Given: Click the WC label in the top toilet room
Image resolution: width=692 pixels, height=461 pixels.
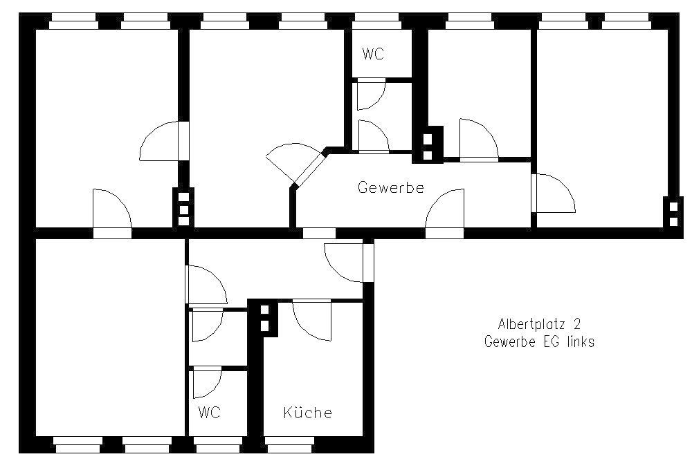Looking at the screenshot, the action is click(373, 54).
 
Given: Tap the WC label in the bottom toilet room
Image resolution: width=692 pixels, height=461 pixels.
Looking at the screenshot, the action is click(209, 413).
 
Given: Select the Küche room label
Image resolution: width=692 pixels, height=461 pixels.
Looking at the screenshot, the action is click(308, 413).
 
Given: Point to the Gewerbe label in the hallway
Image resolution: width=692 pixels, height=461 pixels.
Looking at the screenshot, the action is click(390, 187).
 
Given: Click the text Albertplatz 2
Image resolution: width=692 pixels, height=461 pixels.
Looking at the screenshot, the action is click(539, 324).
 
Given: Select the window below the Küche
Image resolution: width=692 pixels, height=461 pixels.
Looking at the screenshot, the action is click(289, 444).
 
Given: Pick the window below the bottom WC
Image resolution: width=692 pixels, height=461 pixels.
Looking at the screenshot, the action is click(218, 444).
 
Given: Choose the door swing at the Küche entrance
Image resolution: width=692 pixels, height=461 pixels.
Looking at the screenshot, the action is click(311, 321).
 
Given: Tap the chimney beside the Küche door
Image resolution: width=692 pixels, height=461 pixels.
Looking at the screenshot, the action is click(264, 318).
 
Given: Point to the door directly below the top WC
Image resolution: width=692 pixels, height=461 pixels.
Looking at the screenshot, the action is click(371, 94).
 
